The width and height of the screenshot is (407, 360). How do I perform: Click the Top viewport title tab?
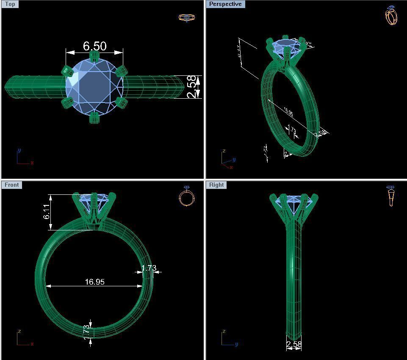[10, 4]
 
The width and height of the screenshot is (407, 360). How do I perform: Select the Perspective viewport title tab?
[225, 4]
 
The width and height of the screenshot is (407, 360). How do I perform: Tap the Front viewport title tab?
[11, 185]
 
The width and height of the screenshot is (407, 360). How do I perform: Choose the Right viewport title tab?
[216, 185]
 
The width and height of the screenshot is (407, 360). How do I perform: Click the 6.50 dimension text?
[94, 46]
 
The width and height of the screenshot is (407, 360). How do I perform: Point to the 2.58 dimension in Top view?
[193, 87]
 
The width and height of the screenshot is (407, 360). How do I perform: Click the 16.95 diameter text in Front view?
[94, 282]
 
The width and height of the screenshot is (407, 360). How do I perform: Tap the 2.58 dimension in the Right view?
[294, 345]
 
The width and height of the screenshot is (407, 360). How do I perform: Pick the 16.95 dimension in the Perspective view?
[288, 112]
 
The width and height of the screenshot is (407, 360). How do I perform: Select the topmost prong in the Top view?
[94, 57]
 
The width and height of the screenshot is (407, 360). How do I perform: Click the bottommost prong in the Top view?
[94, 117]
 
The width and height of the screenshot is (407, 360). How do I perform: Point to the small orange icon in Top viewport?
[186, 18]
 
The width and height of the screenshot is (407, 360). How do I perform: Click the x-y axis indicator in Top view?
[23, 158]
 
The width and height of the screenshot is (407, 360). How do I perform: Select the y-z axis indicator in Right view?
[228, 339]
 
